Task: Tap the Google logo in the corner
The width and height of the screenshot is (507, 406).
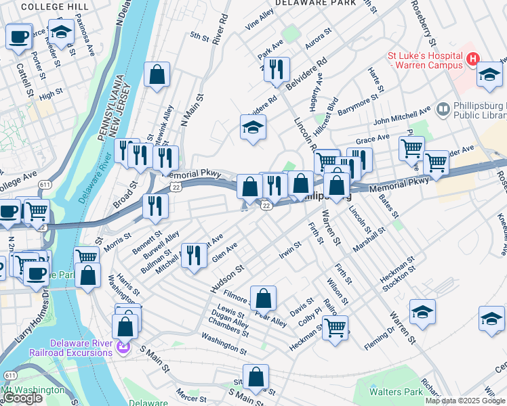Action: (x=22, y=398)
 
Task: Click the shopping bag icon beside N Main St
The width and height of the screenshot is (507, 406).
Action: (x=157, y=76)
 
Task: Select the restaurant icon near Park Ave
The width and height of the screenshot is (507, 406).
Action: (x=277, y=69)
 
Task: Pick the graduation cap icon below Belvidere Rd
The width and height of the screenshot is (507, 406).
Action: (x=253, y=127)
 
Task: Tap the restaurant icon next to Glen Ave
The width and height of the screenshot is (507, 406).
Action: (x=195, y=256)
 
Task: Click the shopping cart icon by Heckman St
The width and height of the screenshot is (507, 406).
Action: (x=335, y=328)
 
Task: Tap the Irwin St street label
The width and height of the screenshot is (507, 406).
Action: (x=289, y=249)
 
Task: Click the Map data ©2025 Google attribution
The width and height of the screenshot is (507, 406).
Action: (x=464, y=401)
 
